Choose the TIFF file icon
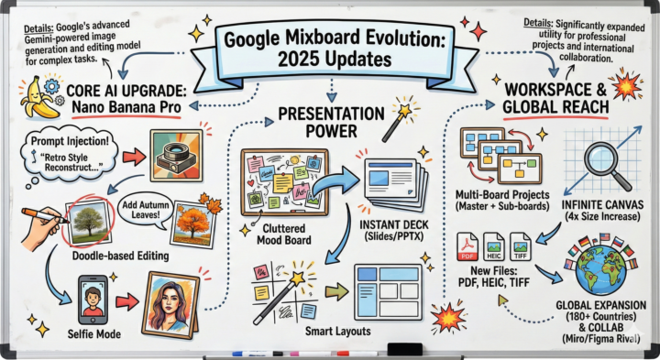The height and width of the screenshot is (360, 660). pyautogui.click(x=520, y=246)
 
